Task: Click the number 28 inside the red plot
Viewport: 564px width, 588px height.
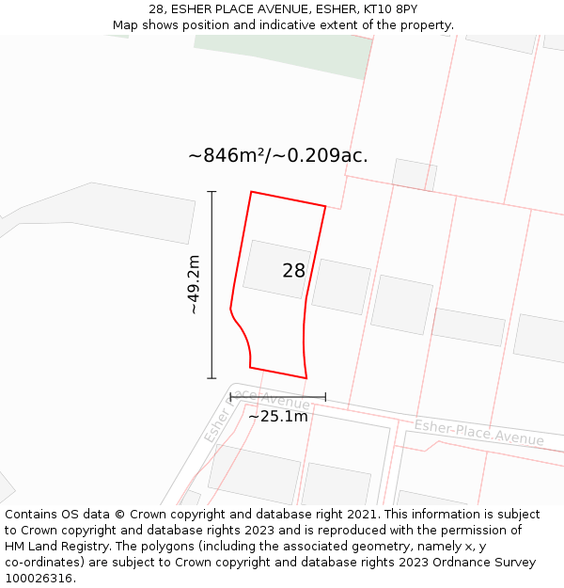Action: [293, 271]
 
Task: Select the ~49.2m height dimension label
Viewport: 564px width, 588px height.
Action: [193, 284]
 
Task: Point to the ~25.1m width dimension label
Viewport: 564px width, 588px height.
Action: [277, 416]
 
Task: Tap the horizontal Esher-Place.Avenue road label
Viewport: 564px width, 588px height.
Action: [478, 433]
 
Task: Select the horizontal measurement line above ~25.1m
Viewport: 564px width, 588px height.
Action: [277, 397]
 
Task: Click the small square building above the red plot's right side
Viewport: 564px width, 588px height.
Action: [414, 174]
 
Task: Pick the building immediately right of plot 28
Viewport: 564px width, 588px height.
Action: [340, 286]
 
